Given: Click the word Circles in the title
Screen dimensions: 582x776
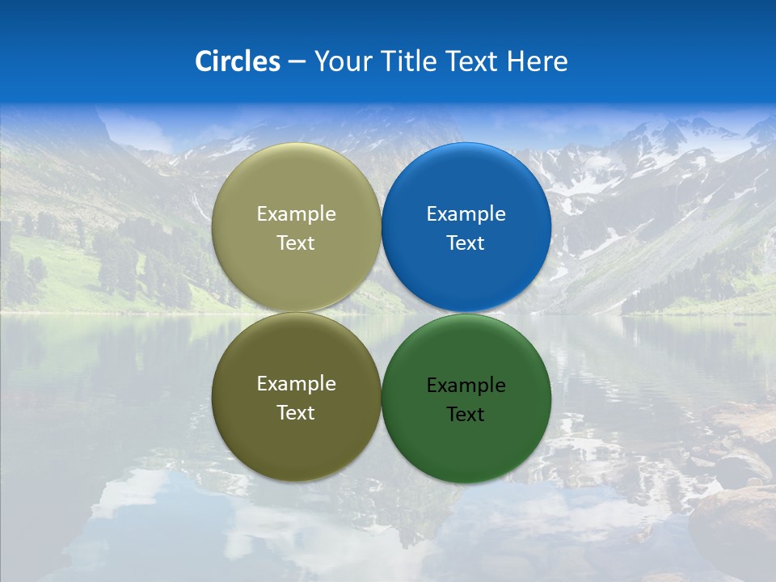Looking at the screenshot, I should pyautogui.click(x=237, y=61).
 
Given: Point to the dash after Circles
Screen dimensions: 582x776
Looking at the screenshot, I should pyautogui.click(x=296, y=62).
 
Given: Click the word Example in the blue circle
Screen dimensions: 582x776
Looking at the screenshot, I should pyautogui.click(x=466, y=214).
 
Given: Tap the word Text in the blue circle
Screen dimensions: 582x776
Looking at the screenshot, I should pyautogui.click(x=466, y=243).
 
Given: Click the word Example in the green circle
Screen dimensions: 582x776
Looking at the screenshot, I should pyautogui.click(x=466, y=386).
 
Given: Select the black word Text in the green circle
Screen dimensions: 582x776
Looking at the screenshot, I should pyautogui.click(x=466, y=415).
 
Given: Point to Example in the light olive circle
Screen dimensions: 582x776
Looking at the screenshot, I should pyautogui.click(x=296, y=214).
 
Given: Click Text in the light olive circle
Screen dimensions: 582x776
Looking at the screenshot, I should pyautogui.click(x=296, y=243).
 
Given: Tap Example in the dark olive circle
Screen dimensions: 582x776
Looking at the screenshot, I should pyautogui.click(x=296, y=384).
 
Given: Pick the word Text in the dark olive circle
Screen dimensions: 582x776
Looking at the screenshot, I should pyautogui.click(x=296, y=413).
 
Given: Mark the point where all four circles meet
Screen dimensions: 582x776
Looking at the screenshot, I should pyautogui.click(x=381, y=313).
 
